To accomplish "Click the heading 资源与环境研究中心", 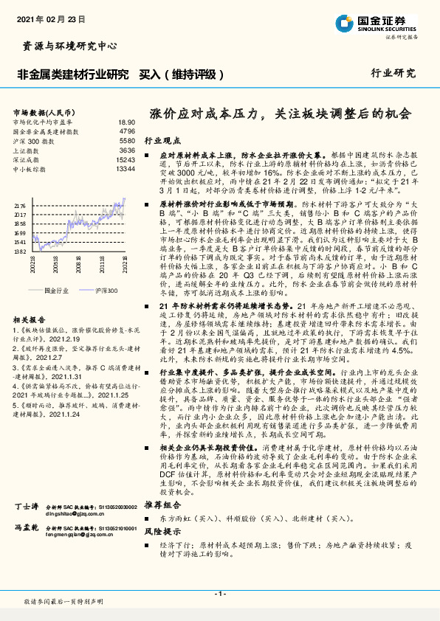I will click(66, 46).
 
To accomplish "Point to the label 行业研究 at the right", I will click(393, 74).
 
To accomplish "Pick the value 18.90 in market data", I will click(127, 122).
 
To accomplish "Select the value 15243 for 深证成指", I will click(126, 159).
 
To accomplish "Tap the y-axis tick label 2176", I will click(20, 207).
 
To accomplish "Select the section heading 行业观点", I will click(162, 139).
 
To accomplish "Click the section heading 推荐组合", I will click(162, 504).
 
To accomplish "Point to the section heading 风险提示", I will click(162, 531).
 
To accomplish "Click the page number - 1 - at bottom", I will click(219, 594).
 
